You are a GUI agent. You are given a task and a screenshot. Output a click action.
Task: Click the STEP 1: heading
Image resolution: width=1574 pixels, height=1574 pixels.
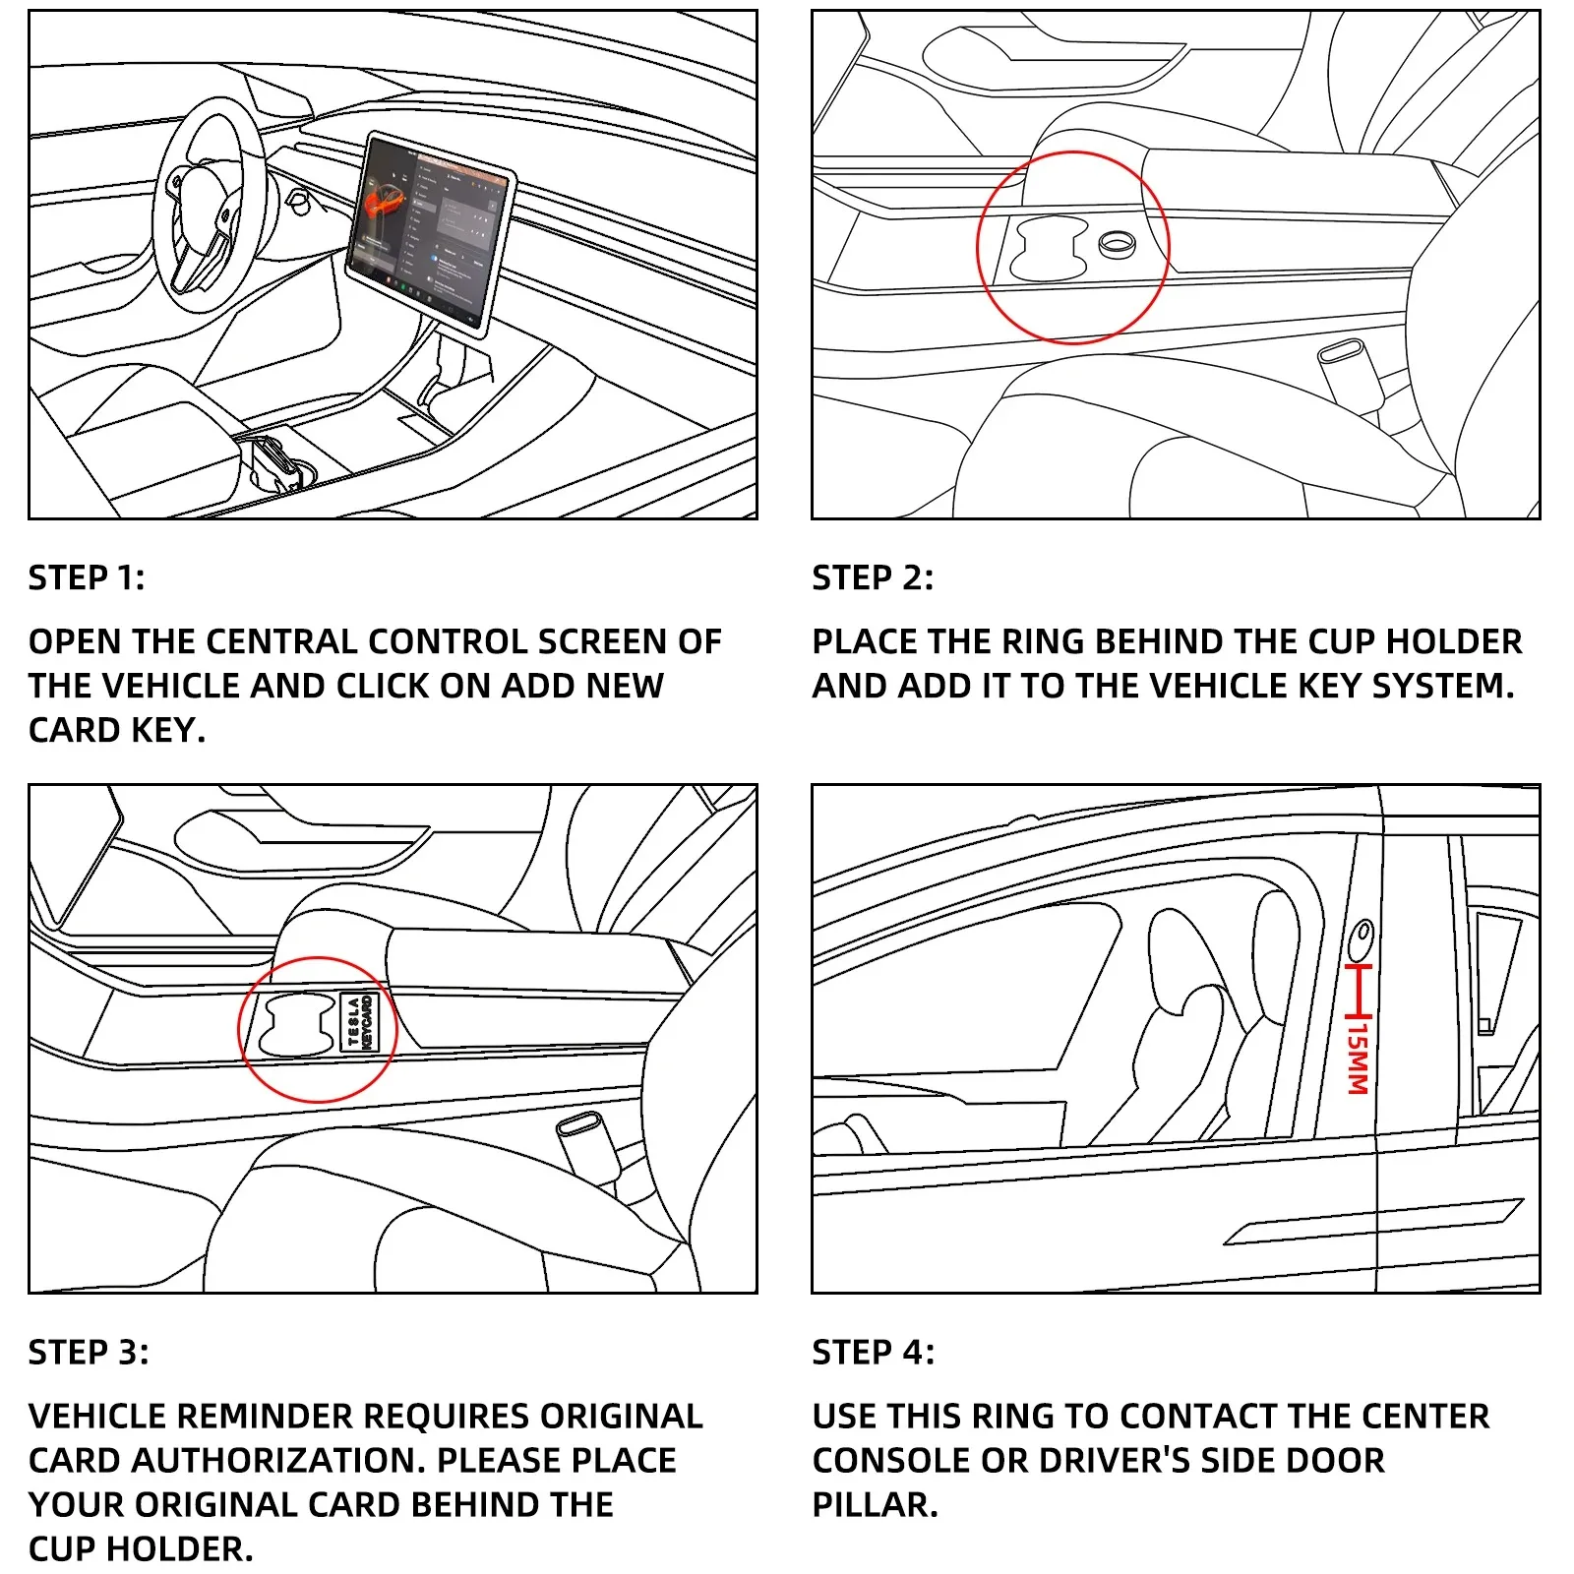(x=87, y=577)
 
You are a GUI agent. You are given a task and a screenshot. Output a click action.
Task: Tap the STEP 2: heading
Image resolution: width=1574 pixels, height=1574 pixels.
(x=872, y=577)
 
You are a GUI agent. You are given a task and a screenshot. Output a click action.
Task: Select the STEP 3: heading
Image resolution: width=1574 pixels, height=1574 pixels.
(x=89, y=1352)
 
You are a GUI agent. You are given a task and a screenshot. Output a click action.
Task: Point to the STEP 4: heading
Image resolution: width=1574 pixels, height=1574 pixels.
(x=873, y=1352)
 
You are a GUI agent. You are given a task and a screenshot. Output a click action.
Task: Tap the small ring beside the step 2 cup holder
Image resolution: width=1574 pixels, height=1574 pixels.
(x=1116, y=244)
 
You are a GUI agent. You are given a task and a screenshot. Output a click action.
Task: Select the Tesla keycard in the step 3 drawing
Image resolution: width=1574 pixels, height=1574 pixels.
(x=359, y=1022)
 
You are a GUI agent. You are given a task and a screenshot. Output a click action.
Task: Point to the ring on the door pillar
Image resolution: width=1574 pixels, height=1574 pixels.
(x=1362, y=938)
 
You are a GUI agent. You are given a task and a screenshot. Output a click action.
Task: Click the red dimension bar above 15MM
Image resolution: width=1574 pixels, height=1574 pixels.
(x=1360, y=991)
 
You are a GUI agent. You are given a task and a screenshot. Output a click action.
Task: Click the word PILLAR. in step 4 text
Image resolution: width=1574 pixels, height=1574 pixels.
(x=875, y=1504)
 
